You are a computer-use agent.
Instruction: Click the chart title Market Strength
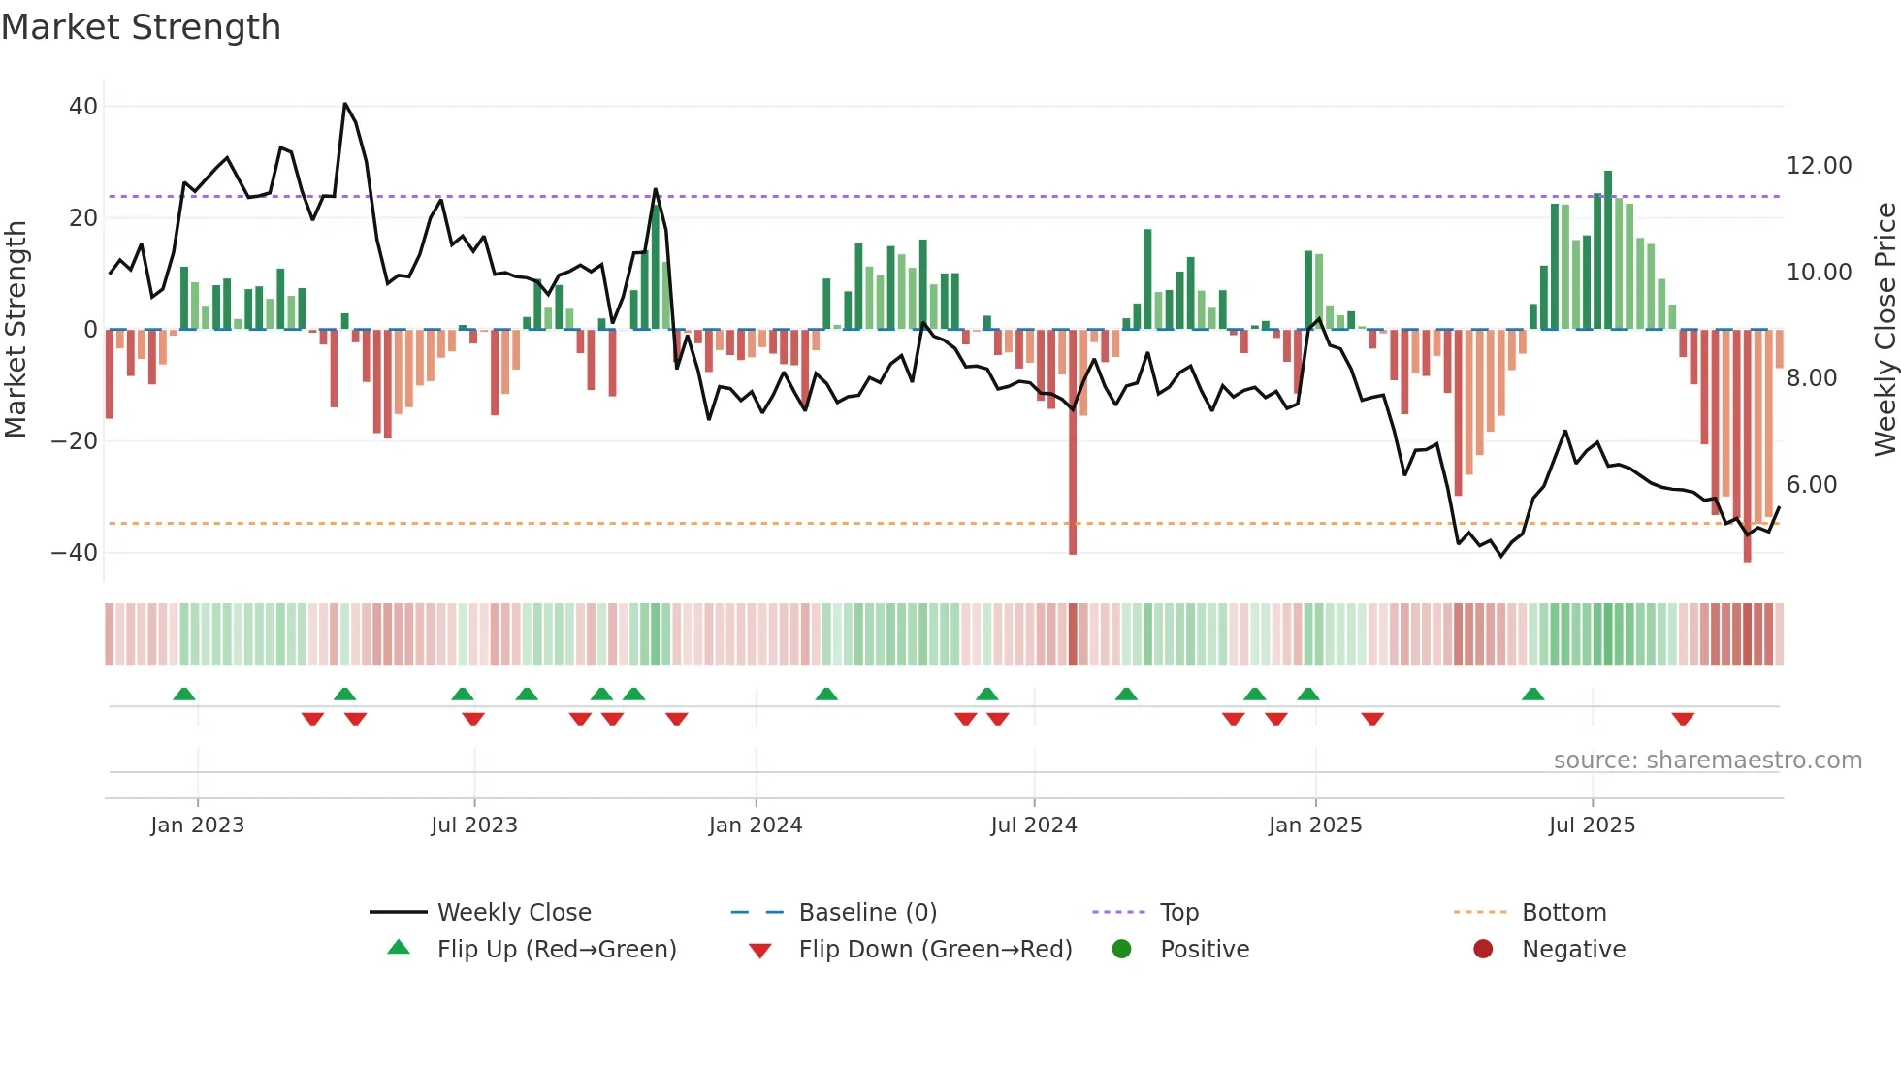click(x=141, y=27)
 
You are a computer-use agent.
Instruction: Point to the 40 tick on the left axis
click(x=83, y=107)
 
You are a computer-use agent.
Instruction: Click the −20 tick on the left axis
click(x=74, y=441)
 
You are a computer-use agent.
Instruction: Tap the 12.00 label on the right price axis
click(x=1819, y=166)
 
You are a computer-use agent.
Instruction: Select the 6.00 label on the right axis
click(x=1811, y=485)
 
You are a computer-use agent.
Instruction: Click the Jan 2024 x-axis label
click(x=755, y=826)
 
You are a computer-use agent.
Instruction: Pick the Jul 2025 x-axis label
click(x=1592, y=826)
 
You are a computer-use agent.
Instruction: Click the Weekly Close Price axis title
click(x=1885, y=329)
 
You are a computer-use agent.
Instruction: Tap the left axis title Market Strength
click(x=16, y=329)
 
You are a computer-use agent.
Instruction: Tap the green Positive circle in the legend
click(x=1121, y=950)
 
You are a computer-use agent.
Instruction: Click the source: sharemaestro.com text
click(x=1707, y=761)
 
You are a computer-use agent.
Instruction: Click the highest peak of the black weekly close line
click(x=345, y=104)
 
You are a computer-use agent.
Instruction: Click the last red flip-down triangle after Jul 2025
click(x=1683, y=719)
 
